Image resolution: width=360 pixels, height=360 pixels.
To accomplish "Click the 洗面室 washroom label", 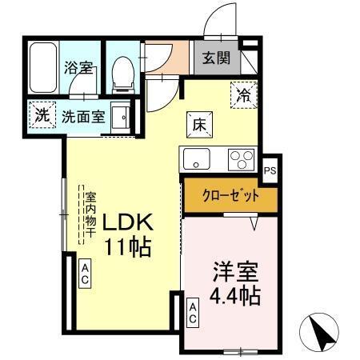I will point(84,114).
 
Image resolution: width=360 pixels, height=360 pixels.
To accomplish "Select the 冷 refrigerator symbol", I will point(243,94).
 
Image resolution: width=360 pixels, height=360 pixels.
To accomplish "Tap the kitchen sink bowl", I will point(195,159).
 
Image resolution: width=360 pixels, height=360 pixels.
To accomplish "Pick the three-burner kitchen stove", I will point(240,159).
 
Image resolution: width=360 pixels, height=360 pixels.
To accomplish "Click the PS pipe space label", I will point(270,169).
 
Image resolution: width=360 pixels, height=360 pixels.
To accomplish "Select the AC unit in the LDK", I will point(84,275).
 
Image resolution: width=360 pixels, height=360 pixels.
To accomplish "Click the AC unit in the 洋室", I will point(193,313).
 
